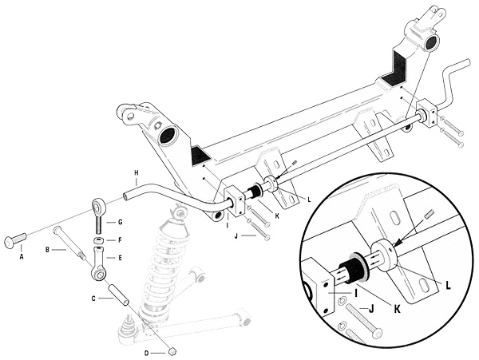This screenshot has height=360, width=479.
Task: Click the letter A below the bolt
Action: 22,257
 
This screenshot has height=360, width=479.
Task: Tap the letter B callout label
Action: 47,250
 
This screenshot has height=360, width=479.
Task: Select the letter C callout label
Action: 93,298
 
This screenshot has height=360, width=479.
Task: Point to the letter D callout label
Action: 146,354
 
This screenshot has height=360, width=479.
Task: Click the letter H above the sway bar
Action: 137,173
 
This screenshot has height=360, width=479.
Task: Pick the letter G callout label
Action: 120,222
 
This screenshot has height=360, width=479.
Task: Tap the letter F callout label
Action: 120,240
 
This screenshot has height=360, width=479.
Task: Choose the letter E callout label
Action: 120,258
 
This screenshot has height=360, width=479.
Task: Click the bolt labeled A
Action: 15,239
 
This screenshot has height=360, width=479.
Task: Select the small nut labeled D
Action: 172,351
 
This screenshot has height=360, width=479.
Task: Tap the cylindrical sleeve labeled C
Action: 117,295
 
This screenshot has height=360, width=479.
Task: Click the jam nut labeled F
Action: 98,240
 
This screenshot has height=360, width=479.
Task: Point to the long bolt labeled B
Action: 69,242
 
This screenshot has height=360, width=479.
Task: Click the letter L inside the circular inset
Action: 448,285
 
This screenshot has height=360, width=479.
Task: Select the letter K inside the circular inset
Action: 397,309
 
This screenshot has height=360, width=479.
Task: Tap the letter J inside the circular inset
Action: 370,310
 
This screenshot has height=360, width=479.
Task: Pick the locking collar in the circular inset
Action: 384,255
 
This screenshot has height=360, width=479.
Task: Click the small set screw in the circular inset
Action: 428,215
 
